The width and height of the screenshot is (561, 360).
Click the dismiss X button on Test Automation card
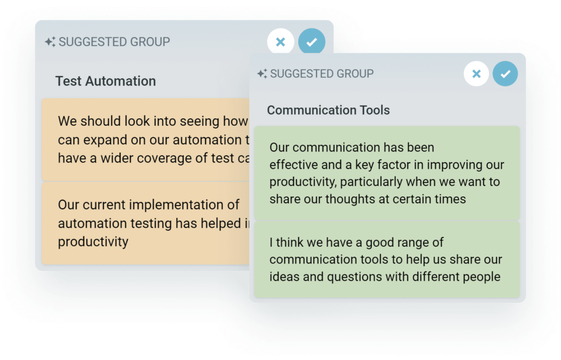click(x=280, y=42)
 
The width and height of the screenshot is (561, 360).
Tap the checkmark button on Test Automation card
click(x=311, y=42)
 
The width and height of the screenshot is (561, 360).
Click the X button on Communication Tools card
click(x=476, y=74)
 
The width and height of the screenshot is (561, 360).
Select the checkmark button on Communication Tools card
click(x=505, y=74)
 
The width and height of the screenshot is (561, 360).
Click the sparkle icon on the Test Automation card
click(x=50, y=42)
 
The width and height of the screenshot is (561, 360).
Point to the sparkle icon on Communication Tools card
click(x=262, y=73)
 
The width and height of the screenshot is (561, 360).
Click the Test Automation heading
click(x=106, y=81)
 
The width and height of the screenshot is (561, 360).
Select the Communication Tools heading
click(x=328, y=110)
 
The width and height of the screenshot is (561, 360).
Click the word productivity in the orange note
click(x=93, y=242)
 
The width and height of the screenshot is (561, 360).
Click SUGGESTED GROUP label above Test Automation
click(x=114, y=42)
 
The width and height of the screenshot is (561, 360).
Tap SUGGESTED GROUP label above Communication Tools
click(x=322, y=73)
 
